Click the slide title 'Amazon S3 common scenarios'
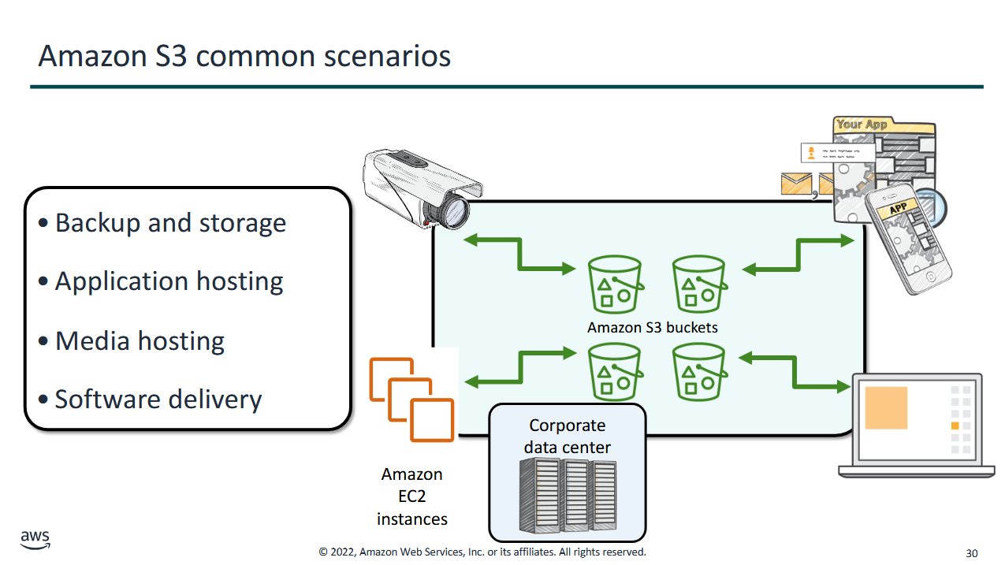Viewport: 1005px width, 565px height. (244, 57)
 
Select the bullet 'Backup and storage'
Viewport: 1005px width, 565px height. (170, 223)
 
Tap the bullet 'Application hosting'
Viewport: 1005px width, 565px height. (169, 281)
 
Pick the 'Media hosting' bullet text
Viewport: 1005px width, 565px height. (140, 340)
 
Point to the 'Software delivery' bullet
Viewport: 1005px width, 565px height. (158, 399)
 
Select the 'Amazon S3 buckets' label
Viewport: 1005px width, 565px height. (653, 328)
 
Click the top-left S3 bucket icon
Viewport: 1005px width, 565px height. (615, 284)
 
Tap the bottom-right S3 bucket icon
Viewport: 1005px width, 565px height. (699, 372)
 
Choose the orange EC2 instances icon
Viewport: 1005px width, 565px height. (411, 399)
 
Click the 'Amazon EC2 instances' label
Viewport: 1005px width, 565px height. (412, 496)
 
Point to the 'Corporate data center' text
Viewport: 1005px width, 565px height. (567, 437)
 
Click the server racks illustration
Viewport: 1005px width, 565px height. (568, 496)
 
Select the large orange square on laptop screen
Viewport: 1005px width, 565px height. (886, 408)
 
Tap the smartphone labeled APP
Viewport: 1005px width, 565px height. (908, 239)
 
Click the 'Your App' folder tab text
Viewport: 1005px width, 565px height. (862, 125)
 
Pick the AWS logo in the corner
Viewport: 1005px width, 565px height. (35, 540)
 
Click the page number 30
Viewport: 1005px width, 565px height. (972, 553)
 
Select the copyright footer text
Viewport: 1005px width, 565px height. (482, 552)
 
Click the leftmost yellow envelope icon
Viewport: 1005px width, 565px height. (796, 184)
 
